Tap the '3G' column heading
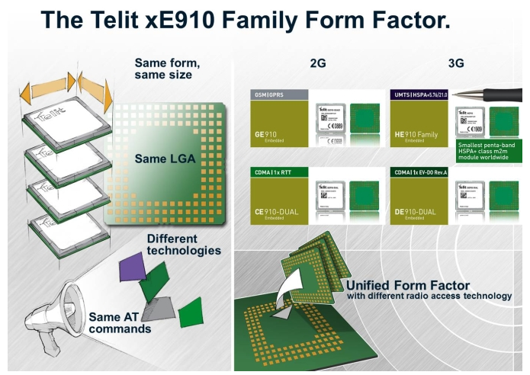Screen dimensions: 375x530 coord(456,64)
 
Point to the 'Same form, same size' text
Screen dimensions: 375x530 coord(168,69)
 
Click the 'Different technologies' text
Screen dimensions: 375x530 coord(184,244)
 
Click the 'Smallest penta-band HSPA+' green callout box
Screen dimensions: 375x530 coord(490,150)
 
